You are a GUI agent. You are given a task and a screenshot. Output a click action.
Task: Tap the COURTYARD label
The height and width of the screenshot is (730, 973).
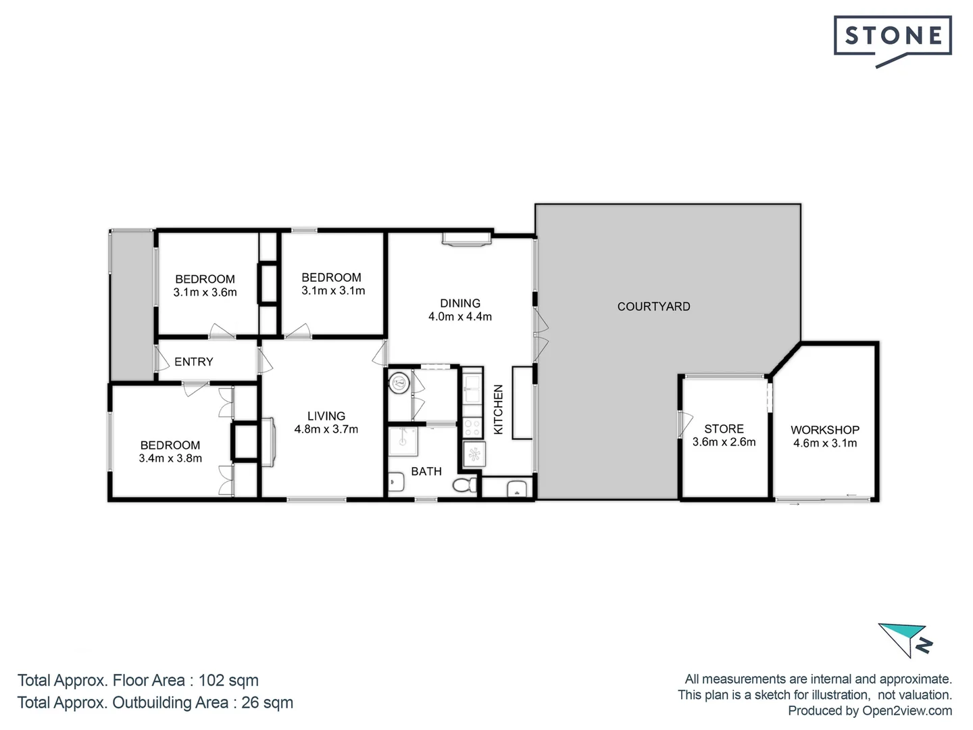coord(653,307)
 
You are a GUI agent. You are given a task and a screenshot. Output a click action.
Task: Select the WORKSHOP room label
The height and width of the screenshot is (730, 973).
coord(824,430)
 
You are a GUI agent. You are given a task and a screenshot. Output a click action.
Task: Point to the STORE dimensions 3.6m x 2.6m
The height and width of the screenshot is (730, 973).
coord(724,443)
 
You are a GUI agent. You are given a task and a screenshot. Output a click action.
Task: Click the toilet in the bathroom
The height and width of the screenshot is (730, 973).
coord(464,485)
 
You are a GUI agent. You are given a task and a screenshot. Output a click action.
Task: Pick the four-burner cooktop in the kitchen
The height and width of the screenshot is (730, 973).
coord(472,427)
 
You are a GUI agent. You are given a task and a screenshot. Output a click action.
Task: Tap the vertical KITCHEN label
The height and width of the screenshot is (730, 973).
coord(499,409)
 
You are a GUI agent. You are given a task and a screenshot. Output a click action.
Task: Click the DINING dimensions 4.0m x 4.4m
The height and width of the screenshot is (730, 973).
coord(460,316)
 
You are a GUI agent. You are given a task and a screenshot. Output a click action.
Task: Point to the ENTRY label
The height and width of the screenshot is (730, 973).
coord(193,362)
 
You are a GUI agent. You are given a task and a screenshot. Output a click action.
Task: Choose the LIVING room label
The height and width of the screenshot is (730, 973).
coord(326,416)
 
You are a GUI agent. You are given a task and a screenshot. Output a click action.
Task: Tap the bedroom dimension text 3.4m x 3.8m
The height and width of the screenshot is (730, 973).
coord(170,458)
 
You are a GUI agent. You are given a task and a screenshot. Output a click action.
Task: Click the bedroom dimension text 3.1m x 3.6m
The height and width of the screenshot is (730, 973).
coord(205,293)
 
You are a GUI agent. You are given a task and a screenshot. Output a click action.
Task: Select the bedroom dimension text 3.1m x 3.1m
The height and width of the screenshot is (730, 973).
coord(333,291)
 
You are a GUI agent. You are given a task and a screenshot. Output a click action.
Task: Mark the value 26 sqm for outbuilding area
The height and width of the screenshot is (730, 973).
coord(267,703)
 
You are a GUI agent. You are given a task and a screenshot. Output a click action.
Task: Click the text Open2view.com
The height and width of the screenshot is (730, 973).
coord(907,711)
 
